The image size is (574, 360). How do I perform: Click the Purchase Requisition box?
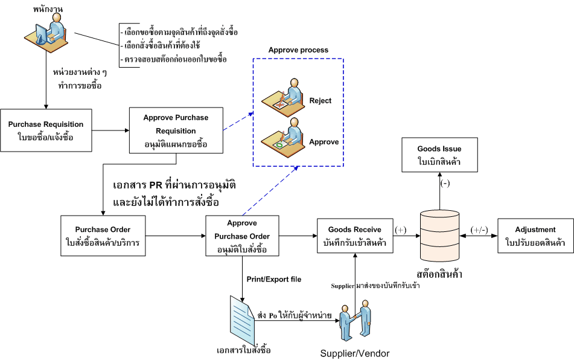click(x=46, y=130)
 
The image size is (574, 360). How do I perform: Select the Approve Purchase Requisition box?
click(x=176, y=130)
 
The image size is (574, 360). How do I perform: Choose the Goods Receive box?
click(x=355, y=236)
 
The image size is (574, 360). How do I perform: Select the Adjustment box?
click(x=535, y=236)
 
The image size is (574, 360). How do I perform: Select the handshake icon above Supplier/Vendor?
click(x=355, y=320)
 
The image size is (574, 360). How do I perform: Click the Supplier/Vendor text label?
click(x=355, y=353)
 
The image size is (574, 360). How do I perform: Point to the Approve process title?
click(x=298, y=50)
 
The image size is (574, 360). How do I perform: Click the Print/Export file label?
click(x=273, y=279)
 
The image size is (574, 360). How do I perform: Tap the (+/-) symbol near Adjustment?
click(x=480, y=230)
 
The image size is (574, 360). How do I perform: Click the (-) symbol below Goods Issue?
click(x=445, y=184)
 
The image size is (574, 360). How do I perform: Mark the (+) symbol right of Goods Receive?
click(x=400, y=230)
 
